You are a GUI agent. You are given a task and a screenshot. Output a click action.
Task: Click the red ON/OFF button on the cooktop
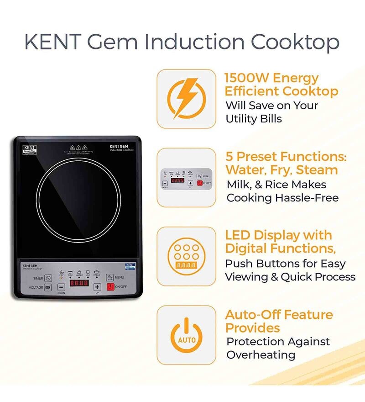coord(111,287)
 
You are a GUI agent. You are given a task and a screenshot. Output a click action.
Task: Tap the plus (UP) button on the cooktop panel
coord(97,287)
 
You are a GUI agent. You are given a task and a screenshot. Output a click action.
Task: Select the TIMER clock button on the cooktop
coord(48,278)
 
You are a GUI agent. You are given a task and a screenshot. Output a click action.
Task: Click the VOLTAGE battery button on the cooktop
coord(48,287)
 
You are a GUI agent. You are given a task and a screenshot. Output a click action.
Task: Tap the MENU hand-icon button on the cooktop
coord(110,277)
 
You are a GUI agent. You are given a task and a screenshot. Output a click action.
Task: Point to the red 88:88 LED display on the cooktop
coord(78,283)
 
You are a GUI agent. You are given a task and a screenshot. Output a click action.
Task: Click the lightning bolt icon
coord(186,98)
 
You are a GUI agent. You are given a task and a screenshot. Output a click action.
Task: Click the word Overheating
coord(261,355)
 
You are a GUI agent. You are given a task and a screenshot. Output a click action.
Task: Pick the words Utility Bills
coord(254,119)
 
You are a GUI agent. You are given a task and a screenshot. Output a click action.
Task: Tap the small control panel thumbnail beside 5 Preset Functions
coord(186,178)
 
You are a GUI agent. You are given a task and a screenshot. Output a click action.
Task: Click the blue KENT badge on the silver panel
coord(131,265)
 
